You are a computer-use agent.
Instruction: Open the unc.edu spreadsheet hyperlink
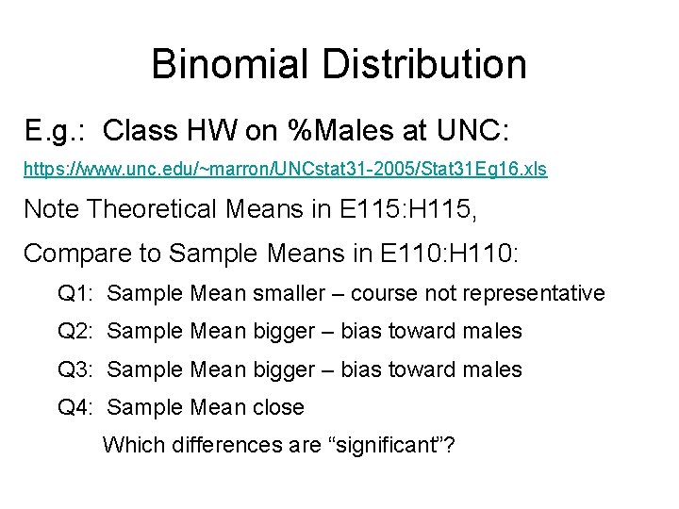pos(285,171)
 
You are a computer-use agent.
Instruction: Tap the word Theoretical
pos(157,208)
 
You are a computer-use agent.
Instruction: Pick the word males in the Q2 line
pos(492,331)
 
